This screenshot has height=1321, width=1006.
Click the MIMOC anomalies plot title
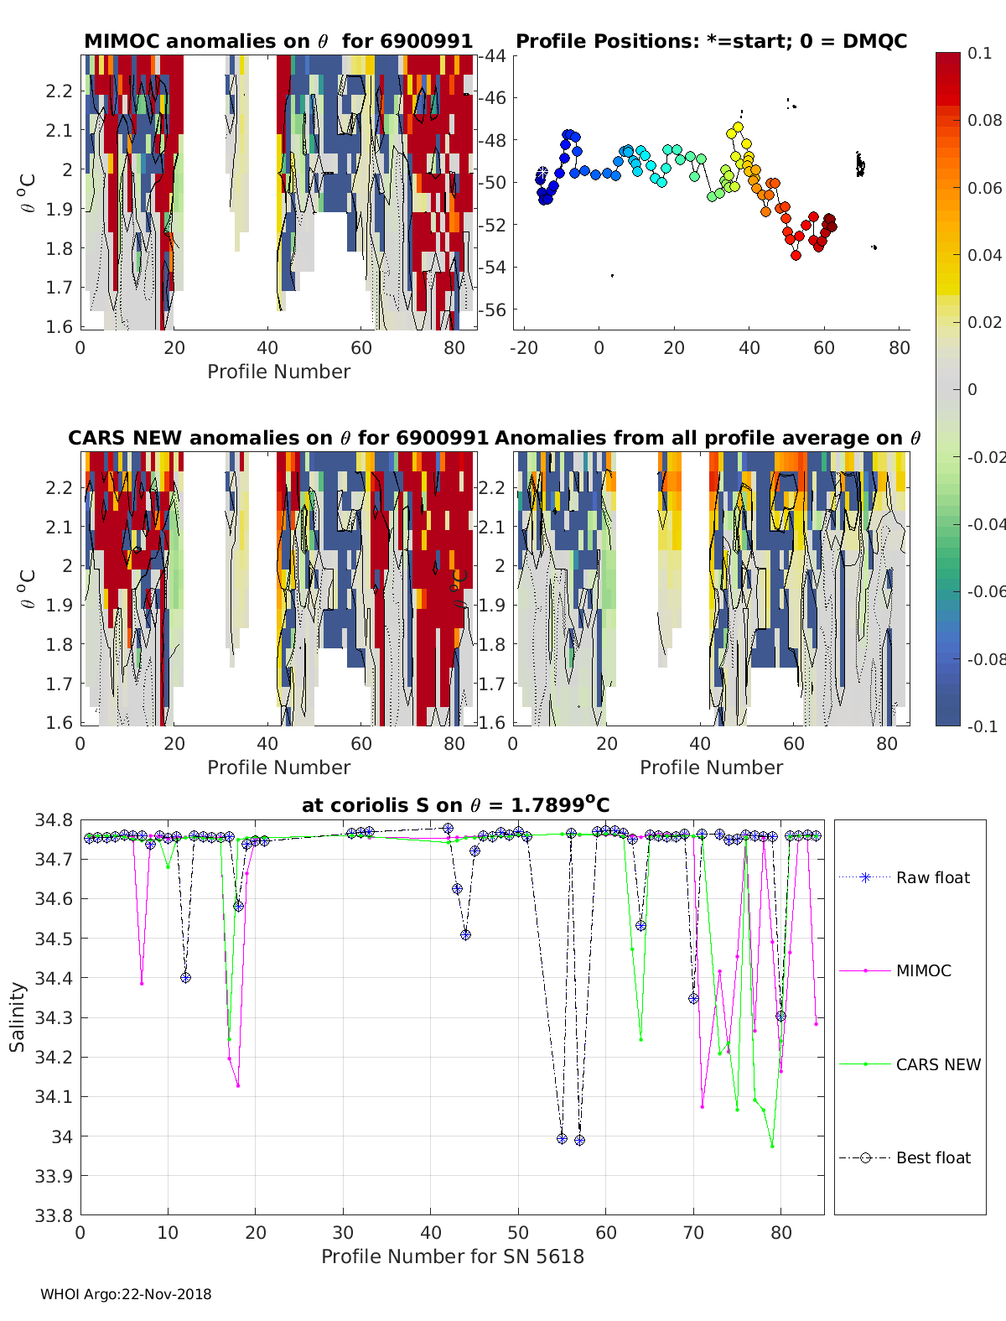(278, 42)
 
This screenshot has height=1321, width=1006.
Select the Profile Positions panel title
(711, 42)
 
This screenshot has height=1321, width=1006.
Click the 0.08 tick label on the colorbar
(985, 120)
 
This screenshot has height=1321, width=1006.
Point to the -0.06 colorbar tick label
(985, 591)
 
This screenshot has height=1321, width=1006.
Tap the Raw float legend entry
(932, 877)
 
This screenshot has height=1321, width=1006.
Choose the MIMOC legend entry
(923, 970)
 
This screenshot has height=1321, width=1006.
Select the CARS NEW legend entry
(938, 1064)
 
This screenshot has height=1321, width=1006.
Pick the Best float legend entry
(933, 1157)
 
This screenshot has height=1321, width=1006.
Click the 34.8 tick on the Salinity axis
(54, 820)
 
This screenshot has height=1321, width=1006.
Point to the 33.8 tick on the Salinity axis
(54, 1215)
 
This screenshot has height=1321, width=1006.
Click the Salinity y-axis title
(18, 1017)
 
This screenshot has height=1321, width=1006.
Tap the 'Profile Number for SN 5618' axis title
(453, 1256)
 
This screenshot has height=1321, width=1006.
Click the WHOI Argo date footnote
(126, 1294)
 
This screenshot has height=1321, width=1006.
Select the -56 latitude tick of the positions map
(492, 309)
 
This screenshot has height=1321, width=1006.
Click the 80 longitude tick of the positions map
(899, 347)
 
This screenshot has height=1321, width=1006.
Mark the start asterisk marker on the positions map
(542, 172)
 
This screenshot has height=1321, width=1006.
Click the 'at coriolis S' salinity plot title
(455, 805)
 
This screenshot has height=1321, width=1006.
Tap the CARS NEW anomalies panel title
(278, 438)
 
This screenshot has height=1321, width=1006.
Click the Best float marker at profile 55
(562, 1138)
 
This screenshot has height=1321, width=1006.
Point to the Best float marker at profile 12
(185, 977)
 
